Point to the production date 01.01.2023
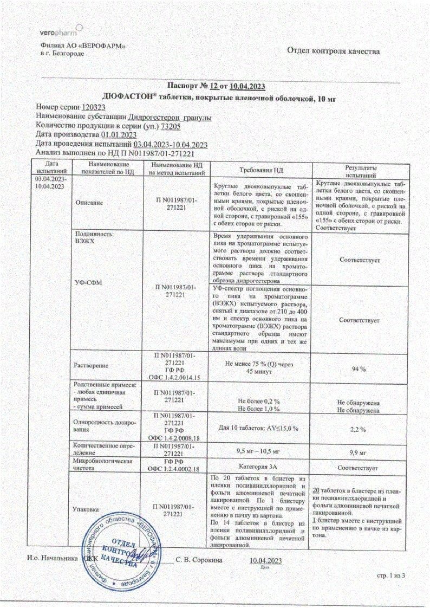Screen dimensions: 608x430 tap(118, 135)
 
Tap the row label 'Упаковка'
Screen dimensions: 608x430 tap(86, 509)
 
